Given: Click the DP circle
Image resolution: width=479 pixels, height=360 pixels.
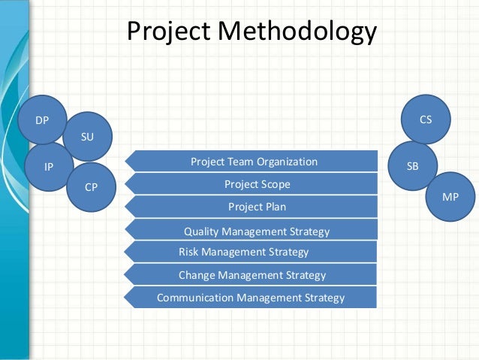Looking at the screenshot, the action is point(43,119).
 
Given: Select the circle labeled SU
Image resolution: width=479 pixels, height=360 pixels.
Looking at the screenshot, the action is point(88,136).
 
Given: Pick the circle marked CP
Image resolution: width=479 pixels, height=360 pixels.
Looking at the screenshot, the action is point(90,186).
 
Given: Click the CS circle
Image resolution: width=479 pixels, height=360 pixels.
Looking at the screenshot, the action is point(426,119).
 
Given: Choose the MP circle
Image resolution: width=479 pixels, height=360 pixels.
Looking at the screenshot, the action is point(450,195).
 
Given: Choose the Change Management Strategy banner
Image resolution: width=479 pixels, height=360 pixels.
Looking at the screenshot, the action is point(252,275).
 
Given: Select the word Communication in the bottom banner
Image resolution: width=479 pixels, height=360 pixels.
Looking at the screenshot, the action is point(194,298).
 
